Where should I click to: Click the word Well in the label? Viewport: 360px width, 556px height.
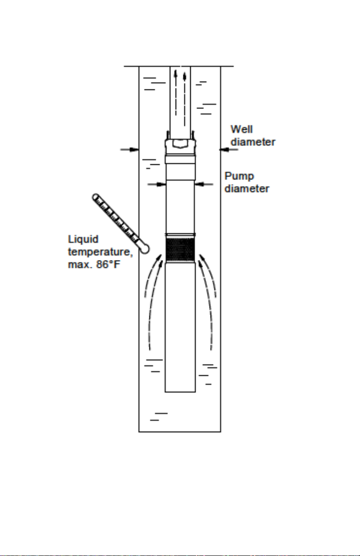tap(242, 129)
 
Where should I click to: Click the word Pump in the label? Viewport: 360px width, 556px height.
tap(239, 177)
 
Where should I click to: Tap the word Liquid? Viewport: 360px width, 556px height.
tap(83, 240)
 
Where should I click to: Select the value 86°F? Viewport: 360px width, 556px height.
tap(108, 264)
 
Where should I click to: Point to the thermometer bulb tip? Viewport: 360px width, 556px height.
tap(145, 249)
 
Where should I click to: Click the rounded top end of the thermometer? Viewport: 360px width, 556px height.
tap(96, 197)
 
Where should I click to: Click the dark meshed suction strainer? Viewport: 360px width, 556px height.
tap(180, 249)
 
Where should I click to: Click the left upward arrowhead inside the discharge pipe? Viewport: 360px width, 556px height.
tap(176, 74)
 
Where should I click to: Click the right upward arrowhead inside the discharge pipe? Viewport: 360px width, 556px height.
tap(184, 76)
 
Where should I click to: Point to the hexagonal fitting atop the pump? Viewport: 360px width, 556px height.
tap(180, 143)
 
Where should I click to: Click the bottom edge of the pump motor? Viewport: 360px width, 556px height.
tap(180, 392)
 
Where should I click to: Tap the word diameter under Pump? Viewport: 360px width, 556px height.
tap(247, 189)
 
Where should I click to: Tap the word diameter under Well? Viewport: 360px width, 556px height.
tap(253, 142)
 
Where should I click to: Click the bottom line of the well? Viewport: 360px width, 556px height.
tap(180, 432)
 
